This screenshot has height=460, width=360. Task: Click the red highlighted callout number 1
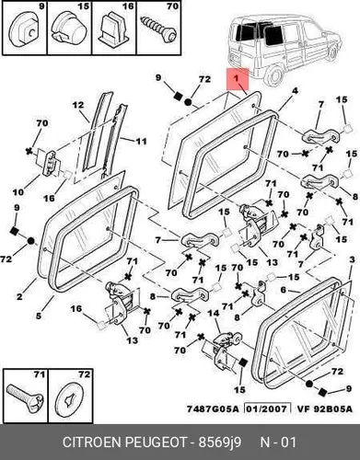click(x=236, y=78)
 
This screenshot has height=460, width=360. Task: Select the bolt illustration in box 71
click(x=25, y=397)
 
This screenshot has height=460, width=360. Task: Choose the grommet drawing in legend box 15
click(x=69, y=29)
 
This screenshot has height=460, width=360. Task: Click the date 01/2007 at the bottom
click(x=267, y=408)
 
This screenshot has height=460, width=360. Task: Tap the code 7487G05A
click(x=213, y=408)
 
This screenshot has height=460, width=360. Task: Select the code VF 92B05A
click(x=324, y=408)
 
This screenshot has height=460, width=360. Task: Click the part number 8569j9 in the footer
click(x=220, y=443)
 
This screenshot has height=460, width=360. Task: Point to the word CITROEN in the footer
click(x=92, y=443)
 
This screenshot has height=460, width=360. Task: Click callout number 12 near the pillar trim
click(x=78, y=105)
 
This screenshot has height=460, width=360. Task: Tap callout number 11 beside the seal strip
click(x=141, y=141)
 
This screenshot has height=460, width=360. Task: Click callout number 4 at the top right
click(x=295, y=91)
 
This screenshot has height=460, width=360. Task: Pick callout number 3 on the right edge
click(x=352, y=259)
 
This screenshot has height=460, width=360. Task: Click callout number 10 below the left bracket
click(x=18, y=192)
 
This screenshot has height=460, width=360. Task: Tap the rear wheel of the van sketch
click(x=273, y=75)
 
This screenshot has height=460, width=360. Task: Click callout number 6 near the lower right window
click(x=284, y=290)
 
